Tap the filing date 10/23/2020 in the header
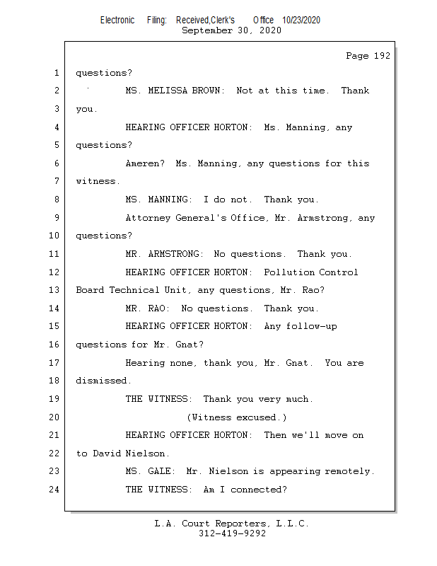pyautogui.click(x=301, y=21)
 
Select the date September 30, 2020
pyautogui.click(x=231, y=30)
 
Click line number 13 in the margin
pyautogui.click(x=54, y=290)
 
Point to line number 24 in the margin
pyautogui.click(x=54, y=490)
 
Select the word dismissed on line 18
pyautogui.click(x=103, y=381)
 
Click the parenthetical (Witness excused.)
pyautogui.click(x=237, y=417)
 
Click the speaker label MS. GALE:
pyautogui.click(x=151, y=471)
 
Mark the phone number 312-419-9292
pyautogui.click(x=231, y=533)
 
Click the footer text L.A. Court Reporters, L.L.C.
pyautogui.click(x=231, y=524)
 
